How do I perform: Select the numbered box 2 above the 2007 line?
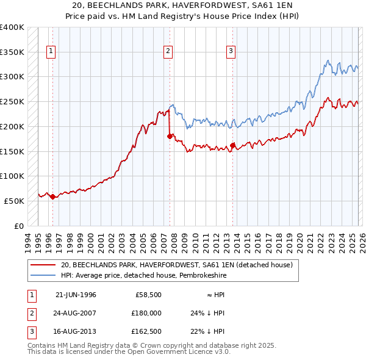tap(168, 52)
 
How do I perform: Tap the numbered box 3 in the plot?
tap(231, 52)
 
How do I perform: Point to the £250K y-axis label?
tap(12, 102)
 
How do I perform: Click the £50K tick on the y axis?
tap(14, 201)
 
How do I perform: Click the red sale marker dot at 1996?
tap(52, 196)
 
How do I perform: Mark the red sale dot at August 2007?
tap(170, 137)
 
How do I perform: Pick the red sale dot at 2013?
tap(232, 145)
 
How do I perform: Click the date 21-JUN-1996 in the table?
tap(76, 295)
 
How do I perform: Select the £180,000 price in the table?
tap(146, 313)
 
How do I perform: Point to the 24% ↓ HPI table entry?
tap(207, 313)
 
